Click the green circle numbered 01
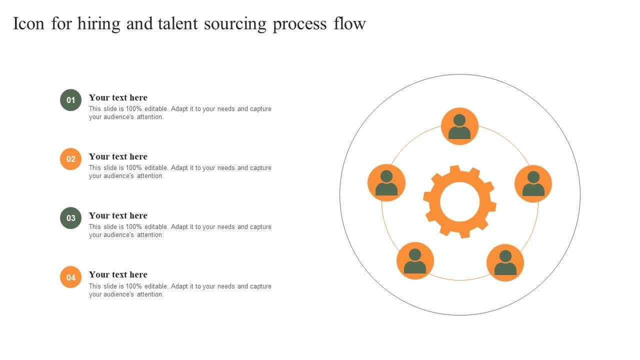pyautogui.click(x=71, y=100)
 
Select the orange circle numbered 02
pyautogui.click(x=71, y=159)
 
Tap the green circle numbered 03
pyautogui.click(x=71, y=218)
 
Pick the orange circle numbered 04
pyautogui.click(x=71, y=277)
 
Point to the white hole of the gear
pyautogui.click(x=460, y=201)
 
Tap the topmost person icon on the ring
pyautogui.click(x=459, y=126)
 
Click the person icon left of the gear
pyautogui.click(x=386, y=183)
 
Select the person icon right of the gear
pyautogui.click(x=533, y=183)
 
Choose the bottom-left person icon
pyautogui.click(x=415, y=260)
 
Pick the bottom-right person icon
pyautogui.click(x=505, y=262)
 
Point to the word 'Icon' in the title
pyautogui.click(x=29, y=24)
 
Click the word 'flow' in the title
pyautogui.click(x=349, y=24)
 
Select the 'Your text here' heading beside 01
pyautogui.click(x=118, y=97)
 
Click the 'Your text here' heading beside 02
pyautogui.click(x=118, y=156)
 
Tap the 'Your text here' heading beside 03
pyautogui.click(x=118, y=215)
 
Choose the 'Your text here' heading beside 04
pyautogui.click(x=118, y=274)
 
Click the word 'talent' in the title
pyautogui.click(x=178, y=24)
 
